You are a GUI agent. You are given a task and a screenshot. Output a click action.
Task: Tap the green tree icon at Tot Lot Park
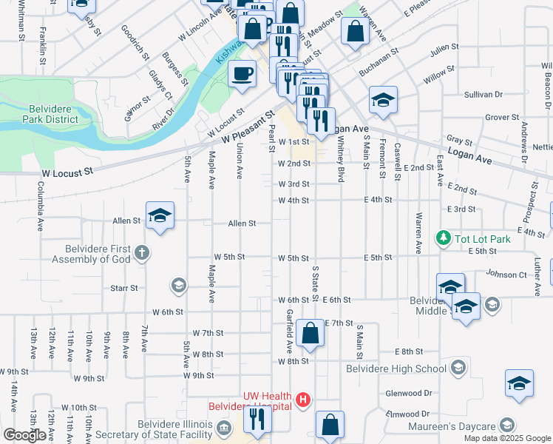(x=443, y=238)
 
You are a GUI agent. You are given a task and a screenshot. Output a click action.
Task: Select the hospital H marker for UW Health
(x=302, y=400)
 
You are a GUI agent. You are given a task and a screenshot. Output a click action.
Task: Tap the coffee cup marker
(x=242, y=75)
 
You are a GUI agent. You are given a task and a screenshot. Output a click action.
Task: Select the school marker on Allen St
(x=160, y=216)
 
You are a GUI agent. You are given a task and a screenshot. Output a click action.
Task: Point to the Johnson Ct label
(x=505, y=275)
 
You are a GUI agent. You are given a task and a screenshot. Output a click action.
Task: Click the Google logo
(x=25, y=435)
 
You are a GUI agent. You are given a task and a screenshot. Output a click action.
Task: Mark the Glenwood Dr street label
(x=407, y=394)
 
